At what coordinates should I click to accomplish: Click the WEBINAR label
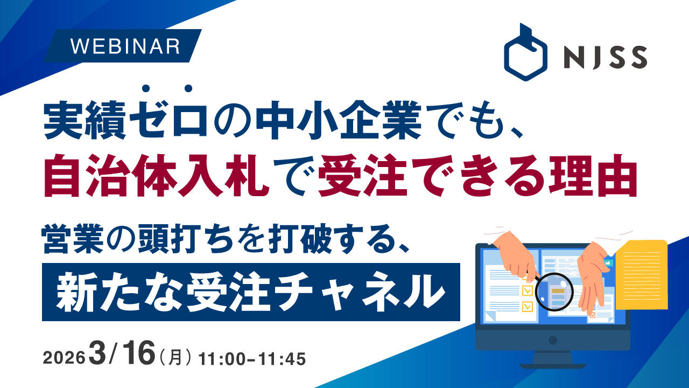(125, 46)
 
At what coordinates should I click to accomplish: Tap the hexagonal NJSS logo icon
(525, 52)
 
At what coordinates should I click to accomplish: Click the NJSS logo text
(606, 57)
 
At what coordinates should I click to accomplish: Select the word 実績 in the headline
(85, 120)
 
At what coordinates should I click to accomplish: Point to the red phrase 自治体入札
(156, 176)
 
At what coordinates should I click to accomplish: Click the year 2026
(64, 358)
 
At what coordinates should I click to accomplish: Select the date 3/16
(122, 354)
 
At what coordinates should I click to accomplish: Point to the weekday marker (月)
(175, 358)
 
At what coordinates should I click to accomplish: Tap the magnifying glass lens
(554, 292)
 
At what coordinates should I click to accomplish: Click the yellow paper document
(642, 275)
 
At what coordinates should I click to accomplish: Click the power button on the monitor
(553, 340)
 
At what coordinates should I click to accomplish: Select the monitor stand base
(553, 366)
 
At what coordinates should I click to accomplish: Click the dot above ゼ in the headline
(146, 88)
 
